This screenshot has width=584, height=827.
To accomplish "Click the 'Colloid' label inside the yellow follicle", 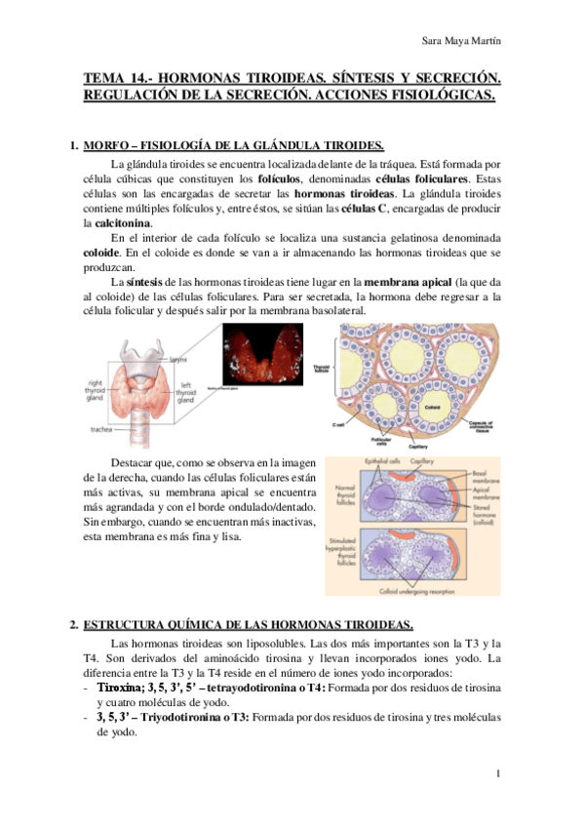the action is tap(434, 380).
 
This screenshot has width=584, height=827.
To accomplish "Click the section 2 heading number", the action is tap(73, 624).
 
